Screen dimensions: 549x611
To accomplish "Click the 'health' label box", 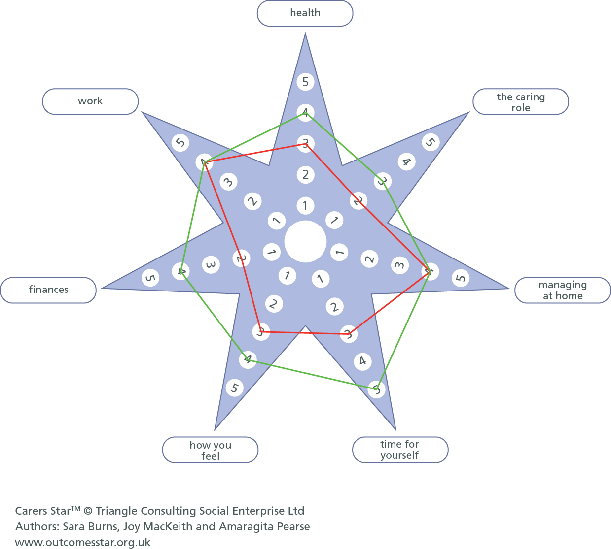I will (x=305, y=13).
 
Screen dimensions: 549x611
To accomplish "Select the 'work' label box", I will (x=90, y=101).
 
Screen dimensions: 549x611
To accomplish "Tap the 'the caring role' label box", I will (x=520, y=102).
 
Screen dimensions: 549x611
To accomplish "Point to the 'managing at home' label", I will (x=562, y=290).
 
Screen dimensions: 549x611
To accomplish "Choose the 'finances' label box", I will (x=48, y=290).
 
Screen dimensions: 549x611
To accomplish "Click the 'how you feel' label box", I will (x=210, y=450).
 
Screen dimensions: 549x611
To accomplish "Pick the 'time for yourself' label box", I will (x=399, y=450).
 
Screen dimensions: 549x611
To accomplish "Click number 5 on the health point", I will (x=306, y=82).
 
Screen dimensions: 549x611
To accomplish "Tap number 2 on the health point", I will (x=306, y=174).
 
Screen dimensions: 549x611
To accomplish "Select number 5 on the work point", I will (x=180, y=143).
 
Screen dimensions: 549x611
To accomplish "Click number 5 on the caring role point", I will (x=431, y=142).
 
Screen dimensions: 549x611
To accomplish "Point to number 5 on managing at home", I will (x=461, y=278).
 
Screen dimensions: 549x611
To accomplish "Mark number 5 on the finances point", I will (x=150, y=278).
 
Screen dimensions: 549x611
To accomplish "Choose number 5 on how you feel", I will (x=234, y=388).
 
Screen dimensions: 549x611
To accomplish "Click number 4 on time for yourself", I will (x=362, y=361).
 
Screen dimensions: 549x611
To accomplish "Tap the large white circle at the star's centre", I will (x=305, y=242).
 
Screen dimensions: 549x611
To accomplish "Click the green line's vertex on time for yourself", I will (x=376, y=389).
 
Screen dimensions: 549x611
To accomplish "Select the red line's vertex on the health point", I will (x=305, y=144).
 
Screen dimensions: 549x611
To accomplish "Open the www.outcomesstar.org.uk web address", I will (x=83, y=542).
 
